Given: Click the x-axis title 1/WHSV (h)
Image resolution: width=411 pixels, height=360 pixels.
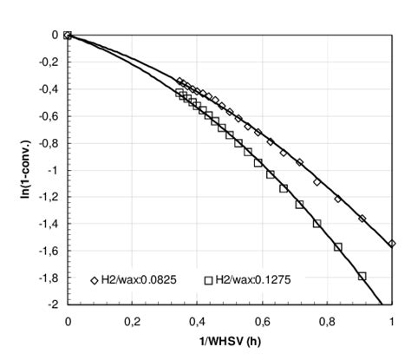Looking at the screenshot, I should (229, 342).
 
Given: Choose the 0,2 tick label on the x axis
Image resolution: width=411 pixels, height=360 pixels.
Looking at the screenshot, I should (133, 320).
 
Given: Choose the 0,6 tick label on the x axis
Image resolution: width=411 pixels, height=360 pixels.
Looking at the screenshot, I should (262, 320).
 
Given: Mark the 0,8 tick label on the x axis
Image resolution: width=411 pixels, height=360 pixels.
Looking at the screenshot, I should (327, 320).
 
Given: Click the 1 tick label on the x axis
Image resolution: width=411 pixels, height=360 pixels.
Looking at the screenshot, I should (392, 320).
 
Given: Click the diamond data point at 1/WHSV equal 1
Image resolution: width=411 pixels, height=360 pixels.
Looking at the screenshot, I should (392, 244).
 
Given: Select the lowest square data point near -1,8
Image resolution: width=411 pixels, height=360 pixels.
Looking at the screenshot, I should (362, 276).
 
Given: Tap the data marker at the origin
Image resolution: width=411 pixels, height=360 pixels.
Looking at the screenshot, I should (68, 36).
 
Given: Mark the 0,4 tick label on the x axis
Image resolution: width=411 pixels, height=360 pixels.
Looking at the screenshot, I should (198, 320).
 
